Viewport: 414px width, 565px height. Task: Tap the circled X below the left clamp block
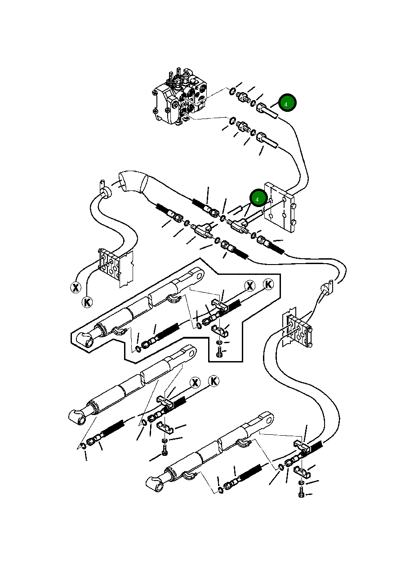(x=76, y=287)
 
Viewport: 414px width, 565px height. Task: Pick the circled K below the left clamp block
(x=87, y=302)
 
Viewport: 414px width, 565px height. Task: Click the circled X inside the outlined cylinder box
(x=249, y=286)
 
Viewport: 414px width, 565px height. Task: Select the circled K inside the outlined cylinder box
(x=268, y=284)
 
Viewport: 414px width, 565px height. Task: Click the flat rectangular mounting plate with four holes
(x=280, y=208)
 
